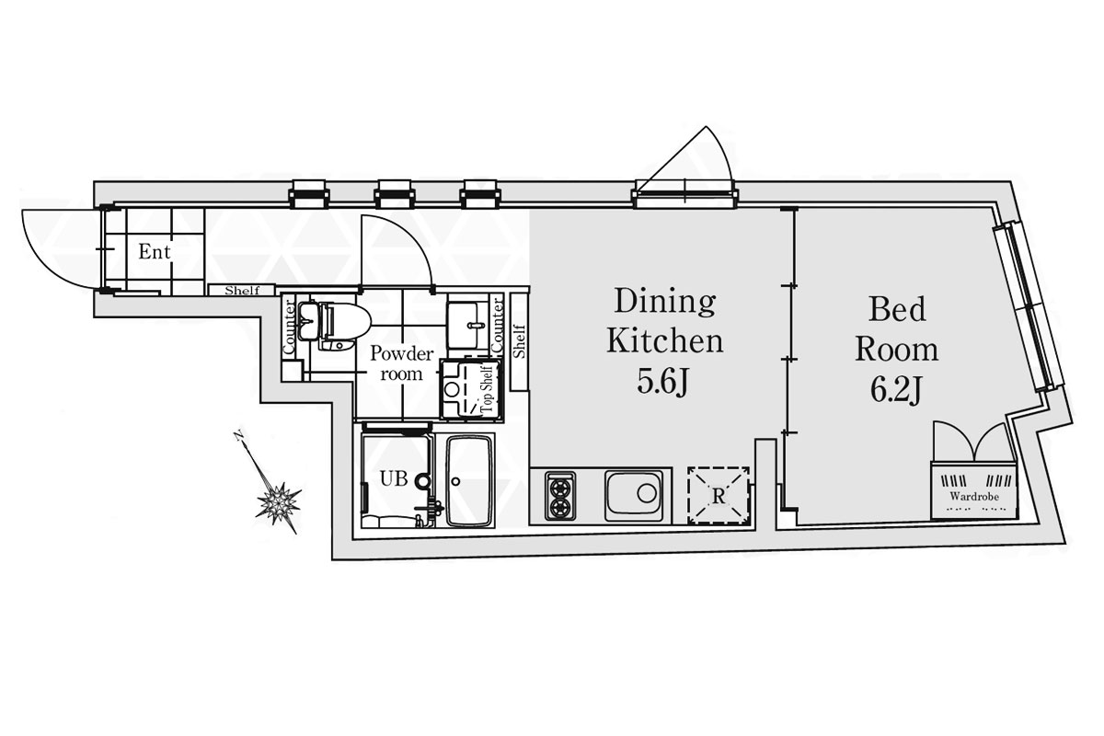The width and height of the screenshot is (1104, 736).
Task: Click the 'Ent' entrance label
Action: tap(155, 252)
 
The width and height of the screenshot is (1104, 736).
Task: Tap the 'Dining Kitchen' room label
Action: tap(665, 320)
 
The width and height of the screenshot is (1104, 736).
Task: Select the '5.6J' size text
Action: tap(662, 382)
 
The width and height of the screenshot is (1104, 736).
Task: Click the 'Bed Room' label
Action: tap(896, 328)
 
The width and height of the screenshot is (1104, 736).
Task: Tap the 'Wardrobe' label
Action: tap(974, 497)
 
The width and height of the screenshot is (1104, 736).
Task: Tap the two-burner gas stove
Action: tap(560, 496)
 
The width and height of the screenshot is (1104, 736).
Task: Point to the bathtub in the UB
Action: tap(470, 482)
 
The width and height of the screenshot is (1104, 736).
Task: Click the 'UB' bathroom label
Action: tap(394, 478)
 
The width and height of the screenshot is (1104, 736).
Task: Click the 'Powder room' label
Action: tap(402, 363)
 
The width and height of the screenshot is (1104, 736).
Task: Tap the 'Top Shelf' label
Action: tap(488, 389)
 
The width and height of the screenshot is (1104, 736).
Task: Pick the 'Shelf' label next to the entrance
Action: tap(242, 291)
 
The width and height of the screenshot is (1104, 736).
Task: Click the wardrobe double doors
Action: tap(974, 442)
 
